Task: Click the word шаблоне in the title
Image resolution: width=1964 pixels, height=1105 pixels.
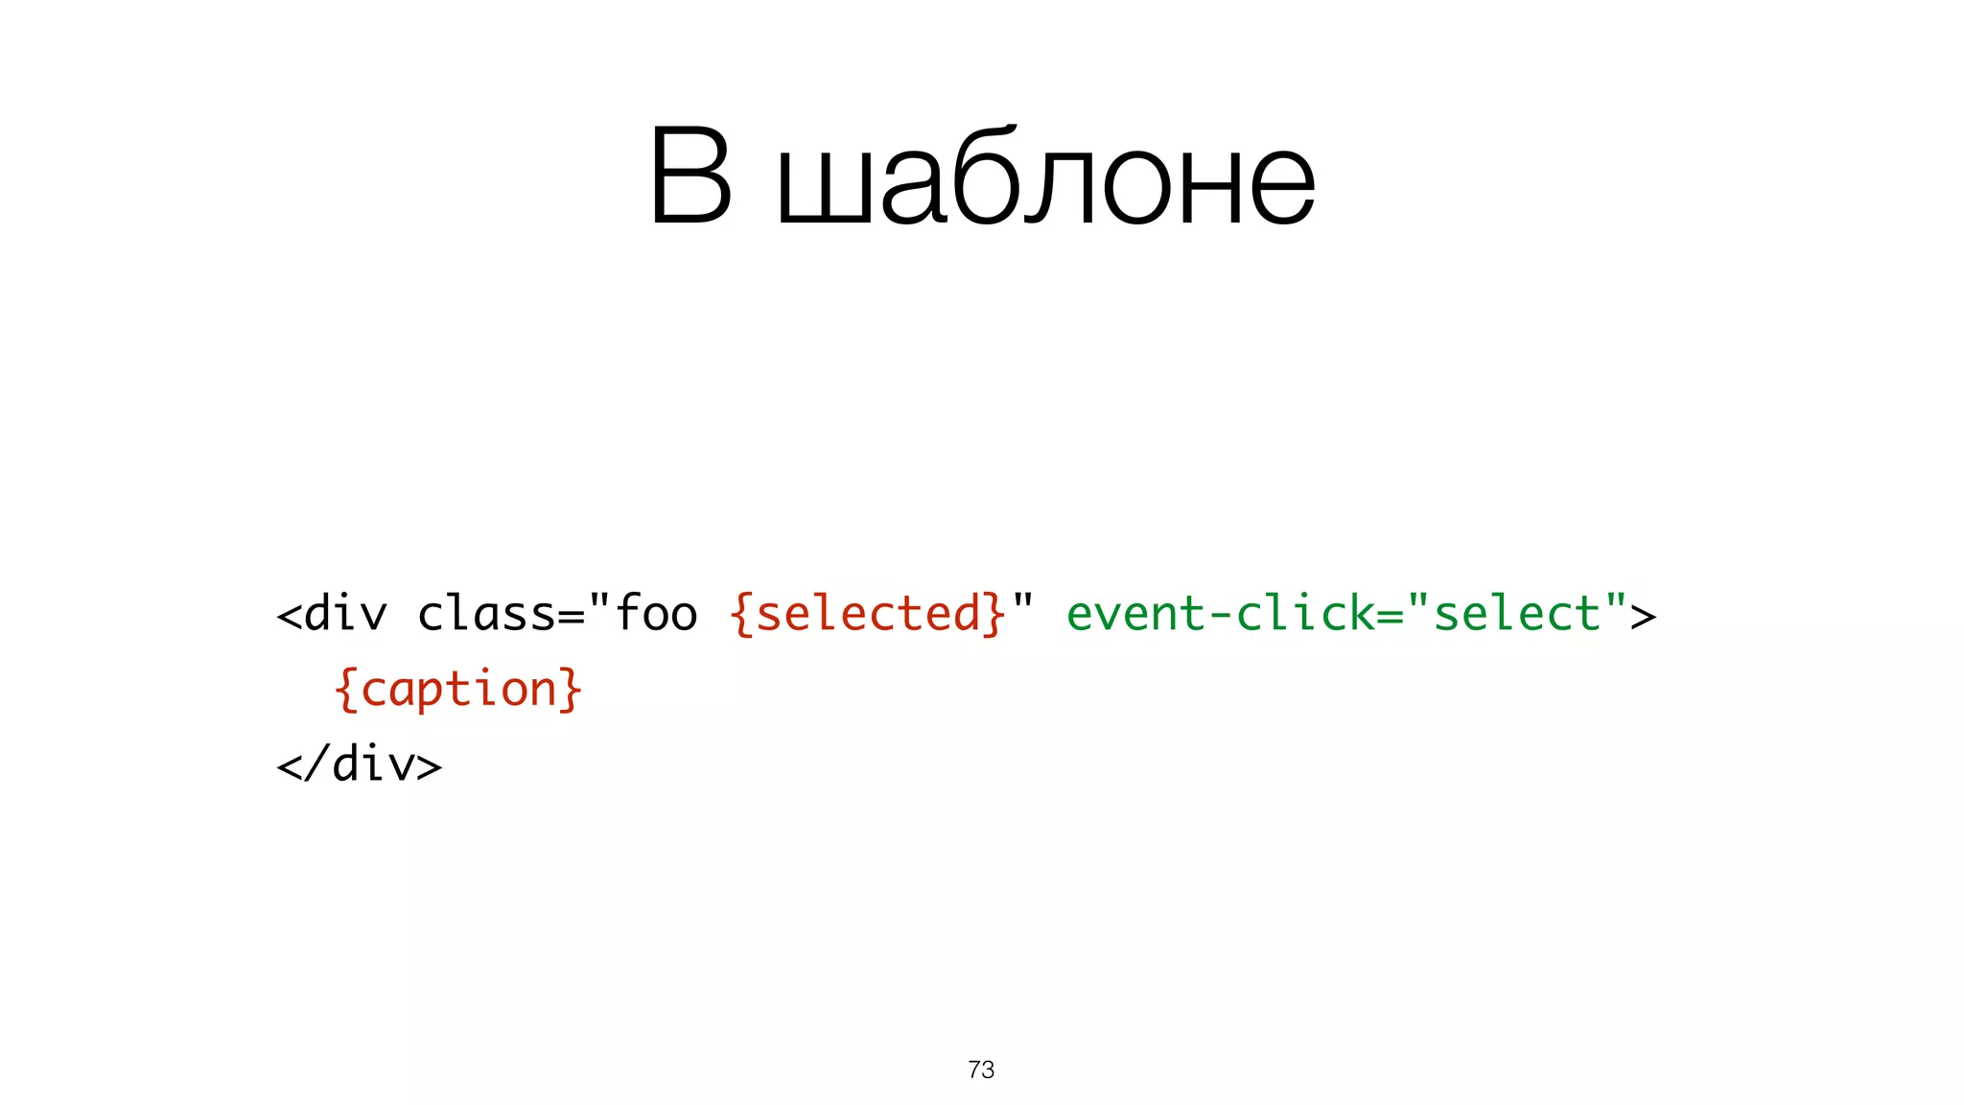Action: click(x=1045, y=178)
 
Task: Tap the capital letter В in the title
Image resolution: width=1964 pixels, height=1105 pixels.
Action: click(x=690, y=178)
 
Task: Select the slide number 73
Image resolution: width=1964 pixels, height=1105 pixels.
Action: click(x=981, y=1070)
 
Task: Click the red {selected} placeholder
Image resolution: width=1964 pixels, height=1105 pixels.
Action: click(x=868, y=614)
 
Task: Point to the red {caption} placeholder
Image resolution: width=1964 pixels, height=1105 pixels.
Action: click(x=458, y=689)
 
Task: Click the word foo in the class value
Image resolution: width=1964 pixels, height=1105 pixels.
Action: click(x=657, y=614)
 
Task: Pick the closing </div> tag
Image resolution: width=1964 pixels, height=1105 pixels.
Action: click(x=359, y=764)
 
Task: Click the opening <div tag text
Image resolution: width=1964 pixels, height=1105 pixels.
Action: click(x=332, y=614)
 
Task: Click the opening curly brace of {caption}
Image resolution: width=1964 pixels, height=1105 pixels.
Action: click(x=346, y=690)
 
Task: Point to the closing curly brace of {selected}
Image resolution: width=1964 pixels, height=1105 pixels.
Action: click(x=994, y=615)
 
